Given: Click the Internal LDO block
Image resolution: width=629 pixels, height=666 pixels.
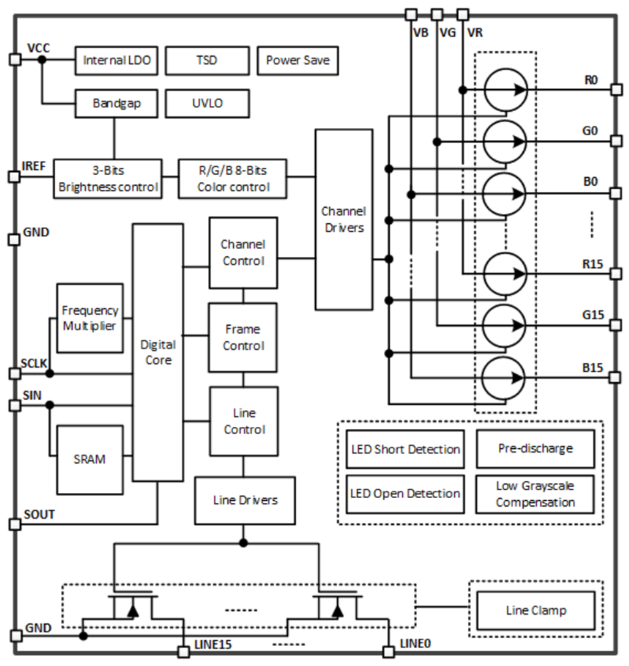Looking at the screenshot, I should pos(116,61).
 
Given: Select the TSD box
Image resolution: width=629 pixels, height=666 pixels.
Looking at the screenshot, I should pos(207,61).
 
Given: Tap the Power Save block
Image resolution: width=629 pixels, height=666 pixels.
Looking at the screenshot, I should pos(298,61).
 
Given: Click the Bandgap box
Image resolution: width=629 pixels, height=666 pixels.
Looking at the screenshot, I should pos(117,104).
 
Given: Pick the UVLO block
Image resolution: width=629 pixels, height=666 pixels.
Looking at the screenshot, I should pos(207,104).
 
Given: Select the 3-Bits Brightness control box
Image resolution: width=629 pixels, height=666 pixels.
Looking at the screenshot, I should pos(108,178).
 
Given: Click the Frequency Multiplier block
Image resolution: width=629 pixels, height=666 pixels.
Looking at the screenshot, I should pos(90,318).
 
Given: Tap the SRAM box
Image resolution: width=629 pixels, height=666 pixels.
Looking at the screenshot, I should pos(90,460).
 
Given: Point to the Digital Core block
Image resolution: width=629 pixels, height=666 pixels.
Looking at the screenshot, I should pos(158,352).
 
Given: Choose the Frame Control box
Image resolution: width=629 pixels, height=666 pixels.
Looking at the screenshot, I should pos(243,338).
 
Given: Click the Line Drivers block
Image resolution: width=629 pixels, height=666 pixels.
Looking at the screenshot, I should pos(245,500).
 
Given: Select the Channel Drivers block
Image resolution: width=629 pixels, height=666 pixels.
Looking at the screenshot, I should pos(343,220).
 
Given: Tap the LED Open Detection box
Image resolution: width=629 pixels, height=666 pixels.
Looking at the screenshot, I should pos(405,494).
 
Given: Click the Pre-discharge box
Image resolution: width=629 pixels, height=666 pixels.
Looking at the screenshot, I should pos(535,449).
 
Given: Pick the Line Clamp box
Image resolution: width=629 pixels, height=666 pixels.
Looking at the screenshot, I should pos(535,611).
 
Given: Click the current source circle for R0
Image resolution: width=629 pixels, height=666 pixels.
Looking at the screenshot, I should pos(504,89).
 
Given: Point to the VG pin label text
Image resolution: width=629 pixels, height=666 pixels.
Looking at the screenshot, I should pos(448,33).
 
